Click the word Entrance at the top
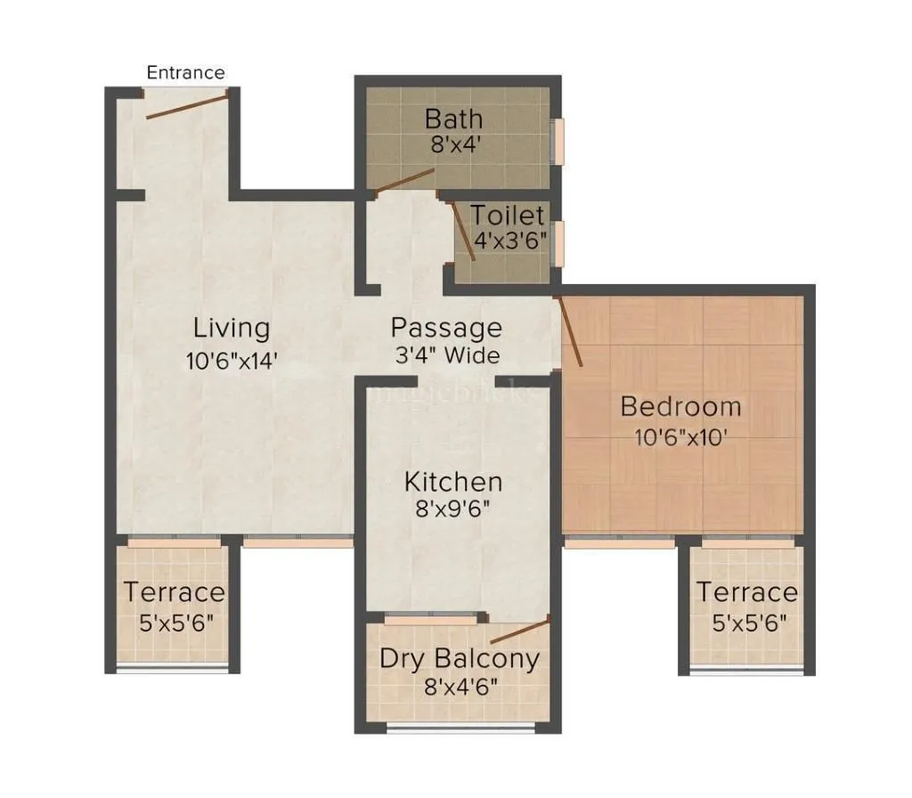click(185, 72)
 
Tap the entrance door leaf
click(188, 104)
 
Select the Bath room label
click(453, 118)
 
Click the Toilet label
click(507, 216)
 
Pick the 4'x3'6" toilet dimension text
click(509, 240)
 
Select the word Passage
click(446, 328)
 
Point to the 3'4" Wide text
click(447, 354)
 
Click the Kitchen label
click(453, 482)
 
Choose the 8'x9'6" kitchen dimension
click(453, 509)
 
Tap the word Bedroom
click(680, 406)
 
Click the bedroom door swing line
click(570, 331)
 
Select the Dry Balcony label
click(460, 659)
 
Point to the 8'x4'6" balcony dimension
click(460, 687)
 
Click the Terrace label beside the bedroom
click(746, 592)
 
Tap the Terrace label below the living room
click(175, 591)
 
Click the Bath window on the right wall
click(559, 141)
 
